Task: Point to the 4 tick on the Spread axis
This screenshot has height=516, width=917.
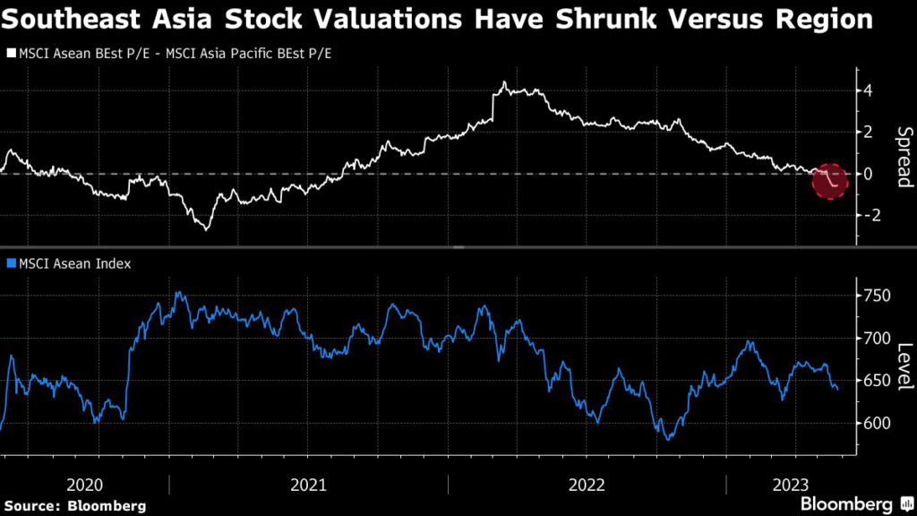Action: (x=867, y=90)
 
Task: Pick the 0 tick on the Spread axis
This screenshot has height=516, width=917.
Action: (x=867, y=174)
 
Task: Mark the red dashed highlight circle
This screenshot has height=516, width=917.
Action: (x=829, y=182)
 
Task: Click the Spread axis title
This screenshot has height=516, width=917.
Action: (x=903, y=157)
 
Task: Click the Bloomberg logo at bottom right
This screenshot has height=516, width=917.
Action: (x=846, y=503)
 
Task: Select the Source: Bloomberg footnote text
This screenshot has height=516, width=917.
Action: (x=74, y=505)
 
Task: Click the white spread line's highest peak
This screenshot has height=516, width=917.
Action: (x=504, y=82)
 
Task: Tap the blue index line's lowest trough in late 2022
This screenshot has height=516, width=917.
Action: (x=667, y=438)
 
